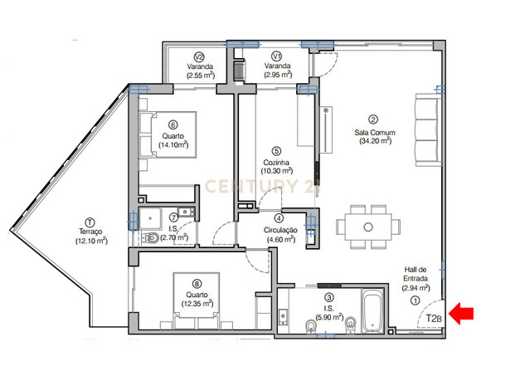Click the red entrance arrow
click(x=461, y=314)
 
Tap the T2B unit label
click(x=434, y=318)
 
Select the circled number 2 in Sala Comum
click(x=373, y=120)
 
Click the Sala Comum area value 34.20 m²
click(x=376, y=141)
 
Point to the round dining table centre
click(x=368, y=227)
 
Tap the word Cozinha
click(x=276, y=163)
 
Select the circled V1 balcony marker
click(x=277, y=56)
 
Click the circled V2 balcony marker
click(x=200, y=56)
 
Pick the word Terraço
click(x=90, y=232)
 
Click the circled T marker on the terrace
click(x=90, y=222)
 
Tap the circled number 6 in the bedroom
click(x=173, y=125)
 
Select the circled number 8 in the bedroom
click(x=197, y=284)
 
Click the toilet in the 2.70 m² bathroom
click(x=149, y=237)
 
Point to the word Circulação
click(x=280, y=230)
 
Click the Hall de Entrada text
click(x=416, y=274)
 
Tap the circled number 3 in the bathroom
click(x=329, y=297)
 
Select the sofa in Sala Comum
click(x=428, y=129)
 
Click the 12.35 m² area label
click(x=197, y=304)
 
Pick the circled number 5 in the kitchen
click(x=276, y=152)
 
